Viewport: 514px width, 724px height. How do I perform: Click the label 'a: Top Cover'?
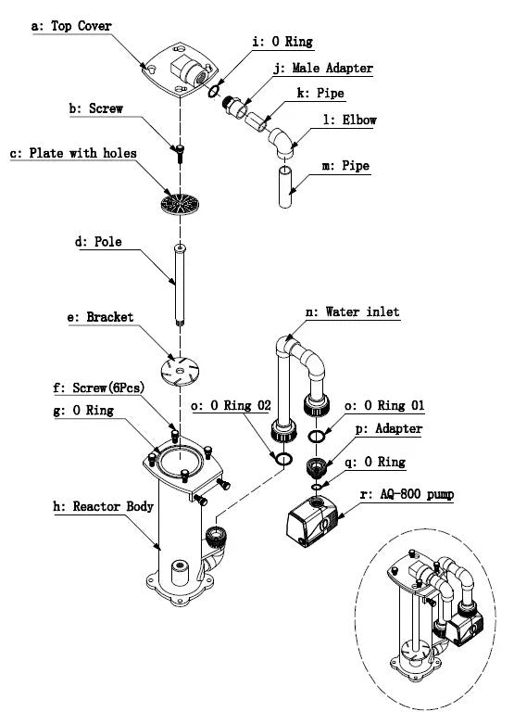pos(71,26)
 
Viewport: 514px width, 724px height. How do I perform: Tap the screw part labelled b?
pos(180,153)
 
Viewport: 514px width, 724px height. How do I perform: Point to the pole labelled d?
pos(180,285)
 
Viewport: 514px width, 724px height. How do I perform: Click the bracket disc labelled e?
pos(180,370)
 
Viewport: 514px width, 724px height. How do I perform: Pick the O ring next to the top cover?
pos(213,92)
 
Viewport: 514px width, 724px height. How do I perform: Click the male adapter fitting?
pos(234,108)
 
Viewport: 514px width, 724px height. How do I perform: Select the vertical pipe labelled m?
pos(285,187)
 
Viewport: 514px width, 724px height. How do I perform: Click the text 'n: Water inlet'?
pos(353,312)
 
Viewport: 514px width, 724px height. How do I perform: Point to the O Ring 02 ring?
pos(283,459)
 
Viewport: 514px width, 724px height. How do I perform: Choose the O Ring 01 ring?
pos(317,436)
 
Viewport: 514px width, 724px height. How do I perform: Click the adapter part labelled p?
pos(317,466)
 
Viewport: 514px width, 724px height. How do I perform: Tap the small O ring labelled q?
pos(317,487)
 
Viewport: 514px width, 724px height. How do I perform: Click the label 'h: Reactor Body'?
pos(104,506)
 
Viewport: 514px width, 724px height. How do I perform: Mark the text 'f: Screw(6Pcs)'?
pos(99,387)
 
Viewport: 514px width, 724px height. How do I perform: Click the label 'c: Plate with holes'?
pos(73,153)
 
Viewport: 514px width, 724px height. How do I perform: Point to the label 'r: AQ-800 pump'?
pos(407,494)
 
